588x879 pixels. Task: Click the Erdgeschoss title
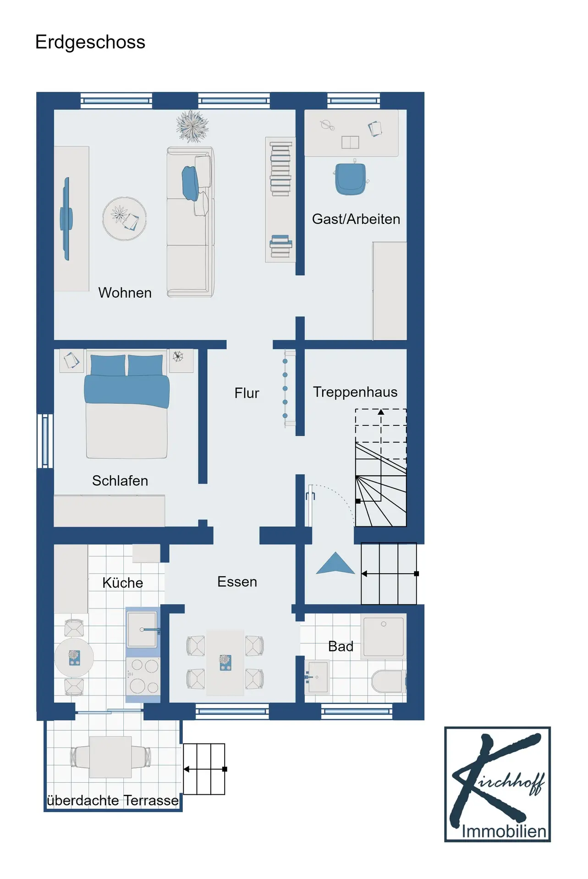click(90, 43)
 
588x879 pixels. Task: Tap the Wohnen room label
click(125, 293)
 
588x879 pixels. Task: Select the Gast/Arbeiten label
click(356, 219)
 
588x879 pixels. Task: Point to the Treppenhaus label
click(355, 392)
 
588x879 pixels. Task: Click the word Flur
click(247, 393)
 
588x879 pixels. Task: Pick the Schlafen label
click(120, 481)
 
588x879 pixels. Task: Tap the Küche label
click(123, 583)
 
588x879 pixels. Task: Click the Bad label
click(341, 646)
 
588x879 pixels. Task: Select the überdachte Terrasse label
click(113, 800)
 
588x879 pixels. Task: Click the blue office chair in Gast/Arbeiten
click(351, 179)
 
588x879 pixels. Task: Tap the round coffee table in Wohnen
click(124, 219)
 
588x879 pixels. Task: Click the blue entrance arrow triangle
click(335, 563)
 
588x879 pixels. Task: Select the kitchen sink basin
click(142, 629)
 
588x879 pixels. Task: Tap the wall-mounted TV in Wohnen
click(66, 219)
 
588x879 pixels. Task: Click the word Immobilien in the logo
click(504, 831)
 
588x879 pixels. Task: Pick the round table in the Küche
click(74, 658)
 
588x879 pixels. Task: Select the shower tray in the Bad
click(384, 636)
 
